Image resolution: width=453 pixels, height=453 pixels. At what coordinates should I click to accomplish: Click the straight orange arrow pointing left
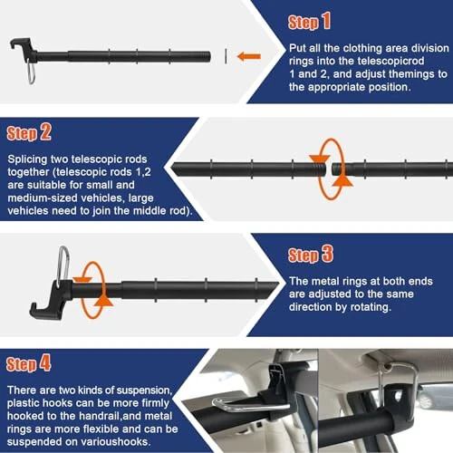[x=248, y=56]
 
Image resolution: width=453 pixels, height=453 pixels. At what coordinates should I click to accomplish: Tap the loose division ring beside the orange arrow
[x=225, y=56]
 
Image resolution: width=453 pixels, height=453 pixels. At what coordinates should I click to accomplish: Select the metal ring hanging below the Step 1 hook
[x=32, y=70]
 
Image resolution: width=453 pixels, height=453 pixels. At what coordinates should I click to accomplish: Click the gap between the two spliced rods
[x=329, y=169]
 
